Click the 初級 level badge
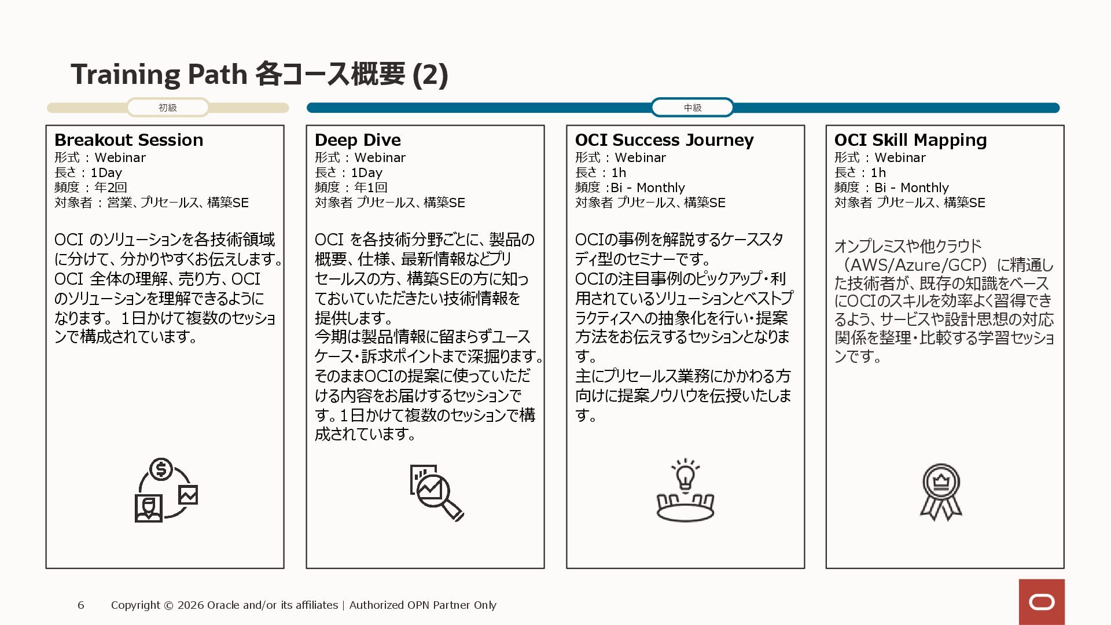[x=168, y=108]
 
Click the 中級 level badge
[x=692, y=108]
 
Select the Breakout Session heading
[x=128, y=140]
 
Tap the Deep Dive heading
[x=358, y=140]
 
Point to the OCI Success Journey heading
[x=664, y=140]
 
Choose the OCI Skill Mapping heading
[x=910, y=140]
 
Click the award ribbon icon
[x=941, y=492]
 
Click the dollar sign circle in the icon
[x=161, y=469]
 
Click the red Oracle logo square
[x=1042, y=602]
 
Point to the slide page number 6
[x=81, y=605]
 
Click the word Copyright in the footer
[x=135, y=605]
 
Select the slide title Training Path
[x=159, y=74]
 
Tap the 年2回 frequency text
[x=111, y=187]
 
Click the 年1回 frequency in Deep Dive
[x=371, y=187]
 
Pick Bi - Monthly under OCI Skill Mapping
[x=911, y=187]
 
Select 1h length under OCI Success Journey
[x=619, y=172]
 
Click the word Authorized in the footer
[x=376, y=605]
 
